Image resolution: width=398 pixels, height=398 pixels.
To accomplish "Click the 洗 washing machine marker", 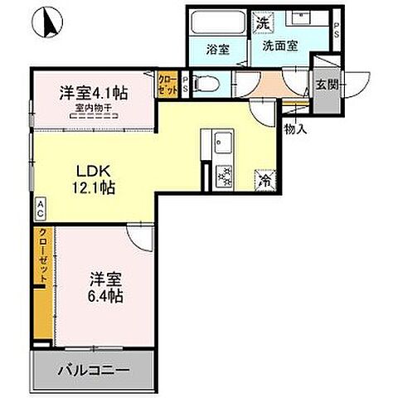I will (262, 23).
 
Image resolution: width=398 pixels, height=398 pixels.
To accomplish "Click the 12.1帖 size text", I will (91, 187).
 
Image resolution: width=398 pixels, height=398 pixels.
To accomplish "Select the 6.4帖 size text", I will (105, 296).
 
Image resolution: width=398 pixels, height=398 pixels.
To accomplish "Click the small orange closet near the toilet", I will (166, 83).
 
